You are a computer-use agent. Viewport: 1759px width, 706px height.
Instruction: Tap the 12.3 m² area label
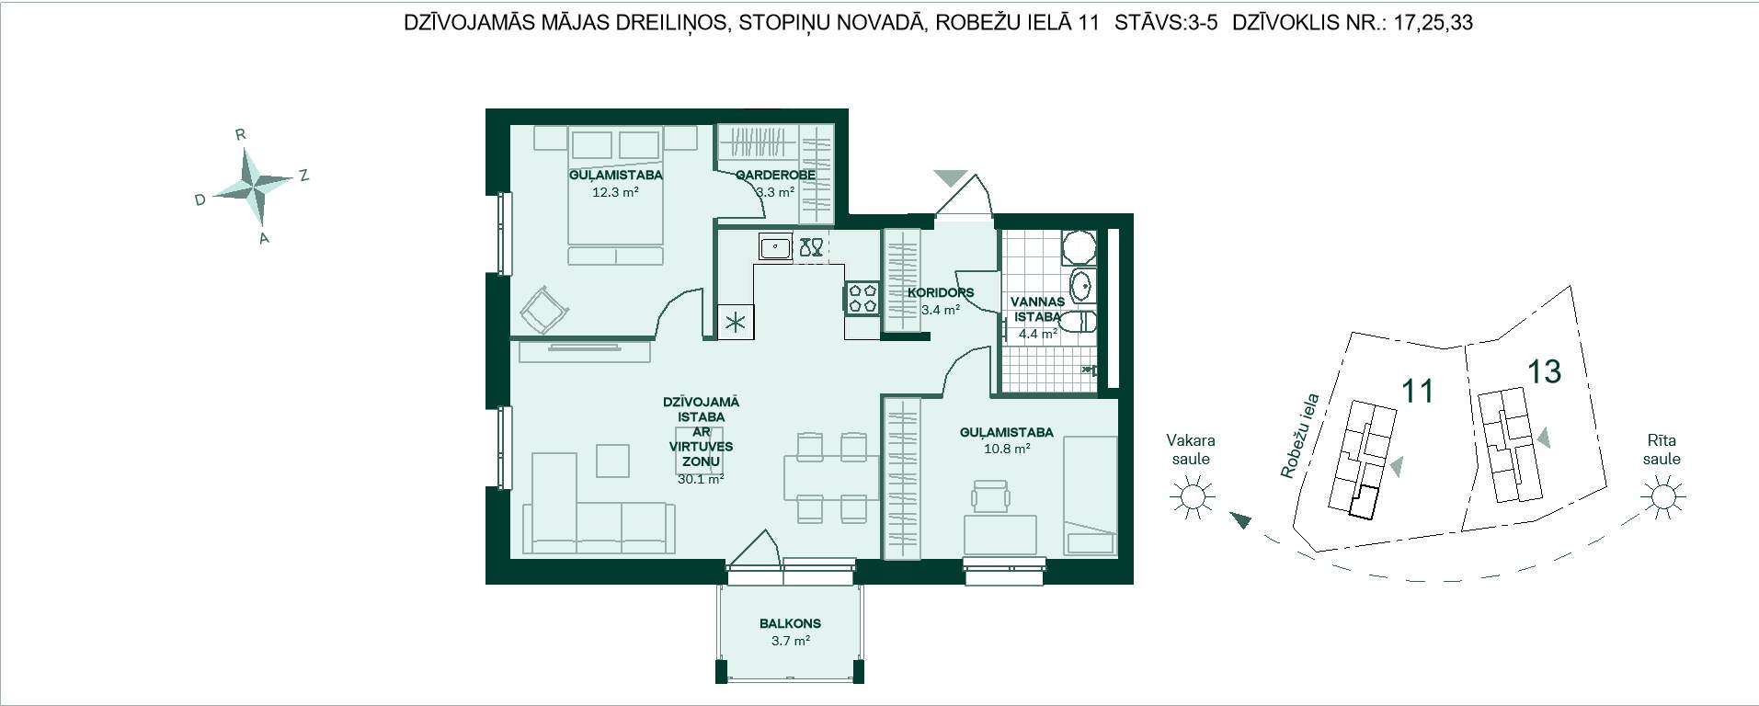pyautogui.click(x=615, y=193)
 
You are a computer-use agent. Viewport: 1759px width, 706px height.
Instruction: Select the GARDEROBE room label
pyautogui.click(x=775, y=176)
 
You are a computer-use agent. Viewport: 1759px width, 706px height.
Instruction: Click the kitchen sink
pyautogui.click(x=775, y=247)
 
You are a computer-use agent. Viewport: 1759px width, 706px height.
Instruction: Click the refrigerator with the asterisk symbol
pyautogui.click(x=736, y=322)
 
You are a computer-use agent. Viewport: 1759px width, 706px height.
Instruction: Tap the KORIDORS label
pyautogui.click(x=941, y=293)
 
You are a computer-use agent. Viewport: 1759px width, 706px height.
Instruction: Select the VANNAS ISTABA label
pyautogui.click(x=1037, y=309)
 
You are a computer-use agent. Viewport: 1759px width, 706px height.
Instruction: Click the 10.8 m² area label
pyautogui.click(x=1007, y=450)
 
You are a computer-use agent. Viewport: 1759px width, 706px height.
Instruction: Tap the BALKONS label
pyautogui.click(x=791, y=623)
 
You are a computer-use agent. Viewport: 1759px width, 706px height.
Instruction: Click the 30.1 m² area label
pyautogui.click(x=701, y=479)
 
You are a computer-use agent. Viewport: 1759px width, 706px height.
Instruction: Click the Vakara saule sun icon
pyautogui.click(x=1192, y=497)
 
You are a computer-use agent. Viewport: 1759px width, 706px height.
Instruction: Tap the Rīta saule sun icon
pyautogui.click(x=1662, y=496)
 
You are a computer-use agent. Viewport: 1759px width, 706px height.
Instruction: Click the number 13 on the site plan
pyautogui.click(x=1544, y=371)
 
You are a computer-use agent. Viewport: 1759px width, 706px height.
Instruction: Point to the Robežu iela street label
pyautogui.click(x=1300, y=437)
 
